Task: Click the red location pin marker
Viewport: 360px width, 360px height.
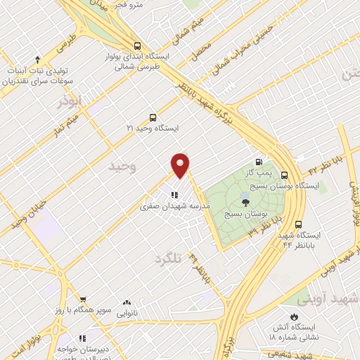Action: tap(181, 165)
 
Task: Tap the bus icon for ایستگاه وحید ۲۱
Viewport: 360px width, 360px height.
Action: tap(153, 118)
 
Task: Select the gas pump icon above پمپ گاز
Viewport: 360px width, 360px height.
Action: tap(260, 161)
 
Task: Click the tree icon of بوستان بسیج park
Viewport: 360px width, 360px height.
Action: tap(245, 202)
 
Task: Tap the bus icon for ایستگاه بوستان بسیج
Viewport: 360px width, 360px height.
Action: tap(284, 175)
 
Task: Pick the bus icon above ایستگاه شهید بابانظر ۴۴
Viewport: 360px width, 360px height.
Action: tap(299, 224)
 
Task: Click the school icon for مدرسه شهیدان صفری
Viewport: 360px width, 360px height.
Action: tap(174, 195)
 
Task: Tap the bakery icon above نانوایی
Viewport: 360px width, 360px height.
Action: tap(127, 301)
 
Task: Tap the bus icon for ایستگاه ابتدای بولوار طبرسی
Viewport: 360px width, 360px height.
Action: tap(136, 46)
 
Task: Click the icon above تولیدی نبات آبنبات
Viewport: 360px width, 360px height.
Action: tap(37, 60)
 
